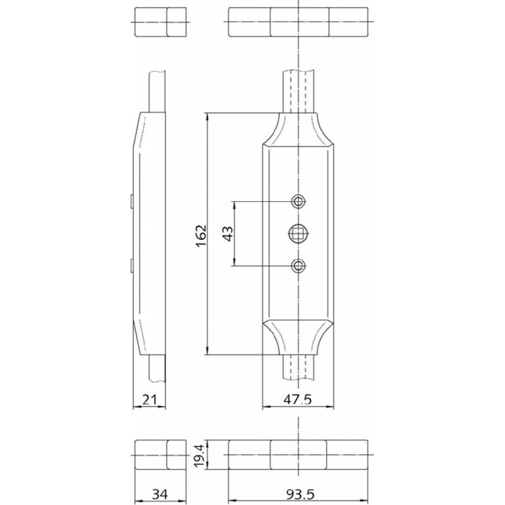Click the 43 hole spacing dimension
point(228,233)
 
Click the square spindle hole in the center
point(298,233)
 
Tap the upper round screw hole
point(298,201)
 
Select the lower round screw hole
point(298,266)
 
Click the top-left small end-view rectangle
point(161,22)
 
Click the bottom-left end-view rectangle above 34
point(161,455)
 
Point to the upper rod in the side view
point(157,92)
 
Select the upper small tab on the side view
point(131,200)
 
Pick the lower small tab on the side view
point(131,265)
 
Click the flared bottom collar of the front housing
point(298,337)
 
